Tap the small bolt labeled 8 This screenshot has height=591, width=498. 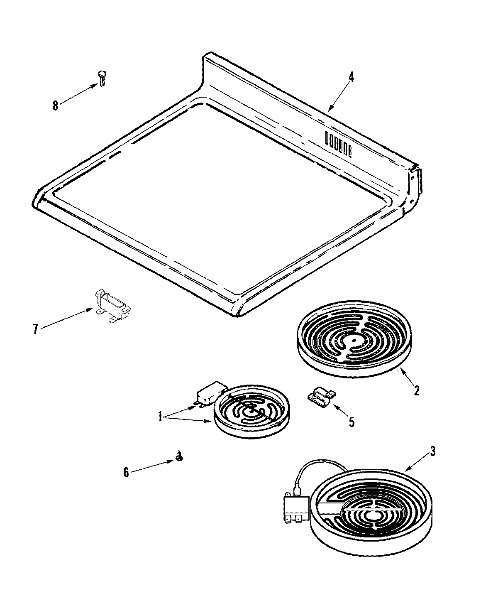tap(102, 78)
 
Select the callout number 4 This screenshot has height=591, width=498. tap(351, 77)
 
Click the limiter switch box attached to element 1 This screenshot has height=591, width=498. tap(210, 393)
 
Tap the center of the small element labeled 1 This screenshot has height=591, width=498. tap(251, 411)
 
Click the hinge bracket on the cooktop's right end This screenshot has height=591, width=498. tap(416, 183)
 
